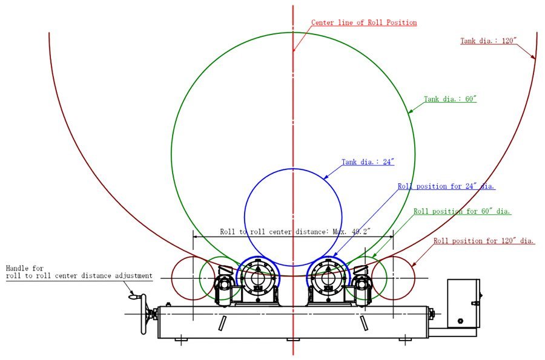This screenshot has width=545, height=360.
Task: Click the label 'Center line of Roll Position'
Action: click(364, 23)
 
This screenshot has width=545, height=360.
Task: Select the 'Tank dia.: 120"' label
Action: click(488, 41)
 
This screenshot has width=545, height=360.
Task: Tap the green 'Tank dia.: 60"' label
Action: click(450, 99)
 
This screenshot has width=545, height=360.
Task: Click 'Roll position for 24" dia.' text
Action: click(446, 186)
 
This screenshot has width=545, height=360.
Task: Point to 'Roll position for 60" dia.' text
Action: click(462, 212)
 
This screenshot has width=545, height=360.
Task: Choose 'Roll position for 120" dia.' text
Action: click(484, 241)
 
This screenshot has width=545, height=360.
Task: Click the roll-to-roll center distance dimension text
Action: click(294, 231)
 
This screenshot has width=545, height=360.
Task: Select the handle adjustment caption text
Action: click(79, 272)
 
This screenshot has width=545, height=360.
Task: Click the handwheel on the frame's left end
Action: click(145, 314)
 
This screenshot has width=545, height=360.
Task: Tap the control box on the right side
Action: click(463, 303)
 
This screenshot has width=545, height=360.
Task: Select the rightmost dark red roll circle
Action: click(393, 278)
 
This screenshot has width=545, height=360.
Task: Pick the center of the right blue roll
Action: click(329, 279)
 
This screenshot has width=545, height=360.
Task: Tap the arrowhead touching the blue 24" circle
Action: click(325, 178)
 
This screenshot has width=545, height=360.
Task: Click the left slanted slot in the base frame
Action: click(222, 322)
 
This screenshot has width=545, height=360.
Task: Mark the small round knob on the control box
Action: click(460, 321)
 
